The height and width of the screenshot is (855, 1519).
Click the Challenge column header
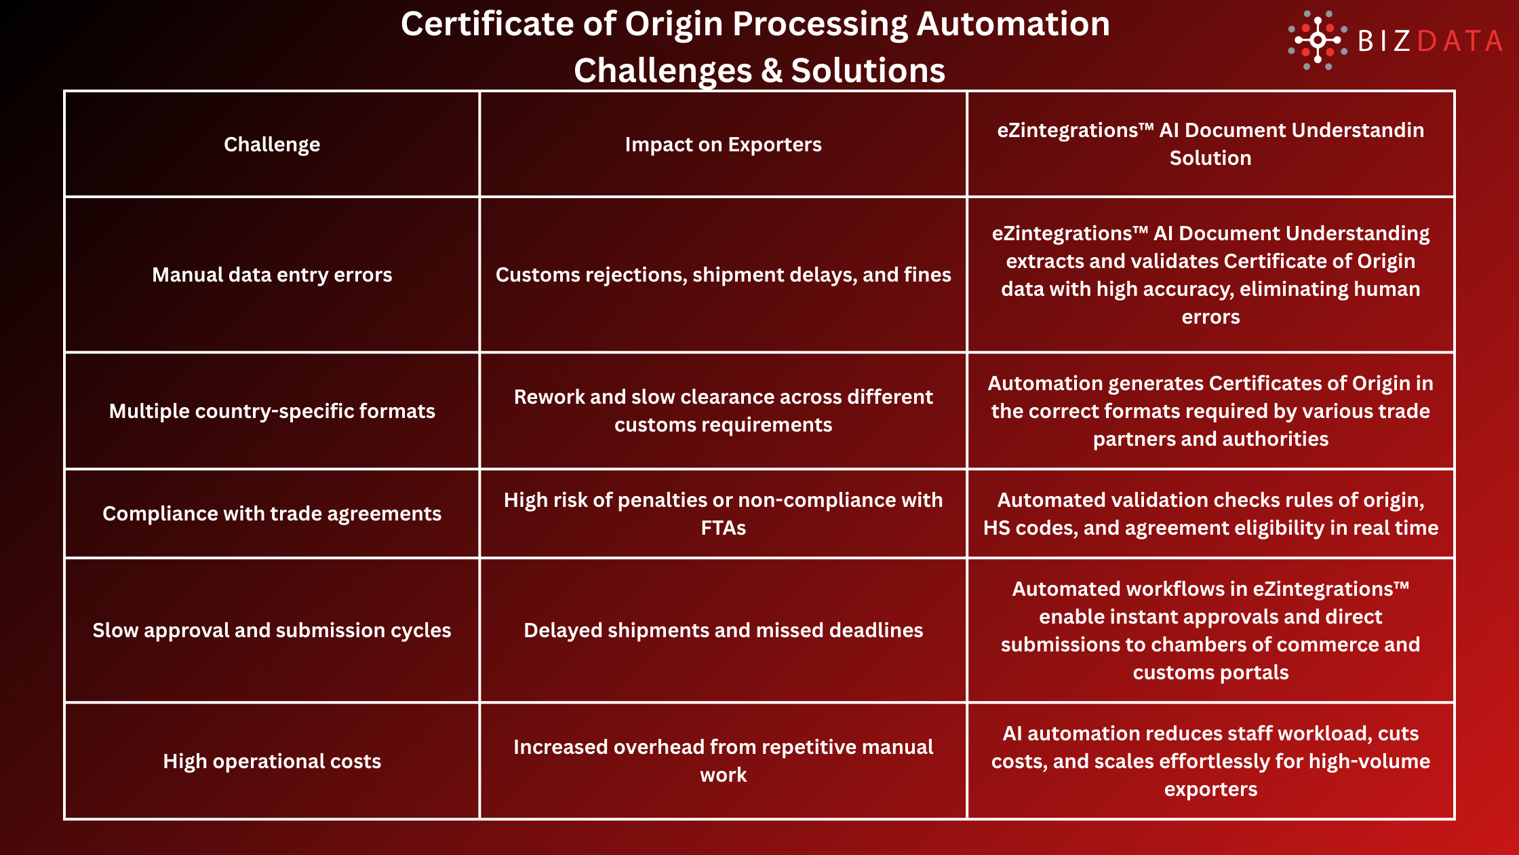click(272, 145)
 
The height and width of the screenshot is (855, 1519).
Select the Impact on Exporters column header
click(723, 145)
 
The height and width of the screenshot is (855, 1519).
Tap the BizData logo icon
click(1317, 40)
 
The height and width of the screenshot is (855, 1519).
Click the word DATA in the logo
click(1460, 41)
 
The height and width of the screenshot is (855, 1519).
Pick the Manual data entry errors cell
click(272, 275)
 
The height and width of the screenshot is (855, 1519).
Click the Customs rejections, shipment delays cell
click(723, 275)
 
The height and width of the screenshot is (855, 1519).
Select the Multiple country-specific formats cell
click(272, 411)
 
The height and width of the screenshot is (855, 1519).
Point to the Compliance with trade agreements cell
click(272, 514)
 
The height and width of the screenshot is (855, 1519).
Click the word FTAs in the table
click(723, 528)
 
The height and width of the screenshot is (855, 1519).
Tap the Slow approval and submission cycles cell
click(272, 630)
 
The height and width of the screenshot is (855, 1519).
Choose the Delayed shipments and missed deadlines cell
click(723, 630)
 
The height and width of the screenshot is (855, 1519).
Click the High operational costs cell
click(272, 761)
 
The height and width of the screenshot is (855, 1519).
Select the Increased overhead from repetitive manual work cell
click(723, 761)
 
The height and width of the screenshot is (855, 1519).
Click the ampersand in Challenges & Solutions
click(771, 71)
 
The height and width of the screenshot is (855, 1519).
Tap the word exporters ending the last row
click(1210, 789)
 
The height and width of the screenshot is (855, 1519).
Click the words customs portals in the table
click(1210, 672)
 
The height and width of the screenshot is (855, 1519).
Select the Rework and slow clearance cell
click(723, 411)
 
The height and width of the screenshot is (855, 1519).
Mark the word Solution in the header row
click(1210, 158)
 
